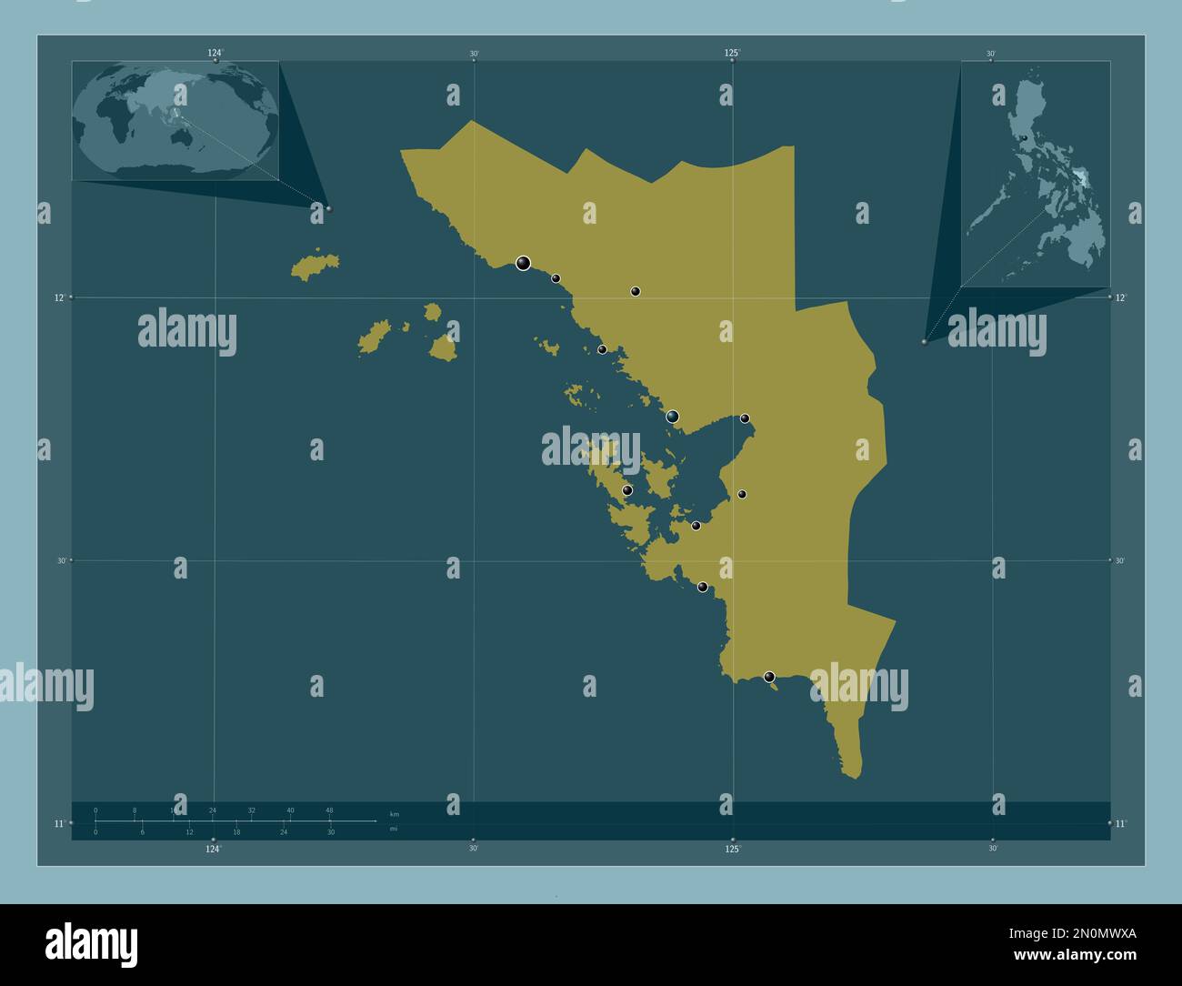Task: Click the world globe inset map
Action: pyautogui.click(x=175, y=120)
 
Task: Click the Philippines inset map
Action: pyautogui.click(x=1036, y=174)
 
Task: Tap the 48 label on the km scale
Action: pyautogui.click(x=329, y=810)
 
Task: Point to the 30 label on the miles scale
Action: pyautogui.click(x=331, y=832)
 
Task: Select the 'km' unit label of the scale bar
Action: pyautogui.click(x=394, y=814)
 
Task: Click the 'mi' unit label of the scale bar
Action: pyautogui.click(x=393, y=829)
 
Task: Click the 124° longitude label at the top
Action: pyautogui.click(x=215, y=54)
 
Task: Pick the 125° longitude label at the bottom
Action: pyautogui.click(x=733, y=849)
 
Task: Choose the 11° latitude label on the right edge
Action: pyautogui.click(x=1121, y=823)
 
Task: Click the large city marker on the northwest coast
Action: pyautogui.click(x=523, y=263)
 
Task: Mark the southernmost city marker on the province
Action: pyautogui.click(x=769, y=677)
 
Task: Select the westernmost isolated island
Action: pyautogui.click(x=315, y=265)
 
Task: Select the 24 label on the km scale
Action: pyautogui.click(x=213, y=810)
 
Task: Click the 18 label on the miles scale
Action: pyautogui.click(x=236, y=832)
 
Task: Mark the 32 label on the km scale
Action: pyautogui.click(x=252, y=810)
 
